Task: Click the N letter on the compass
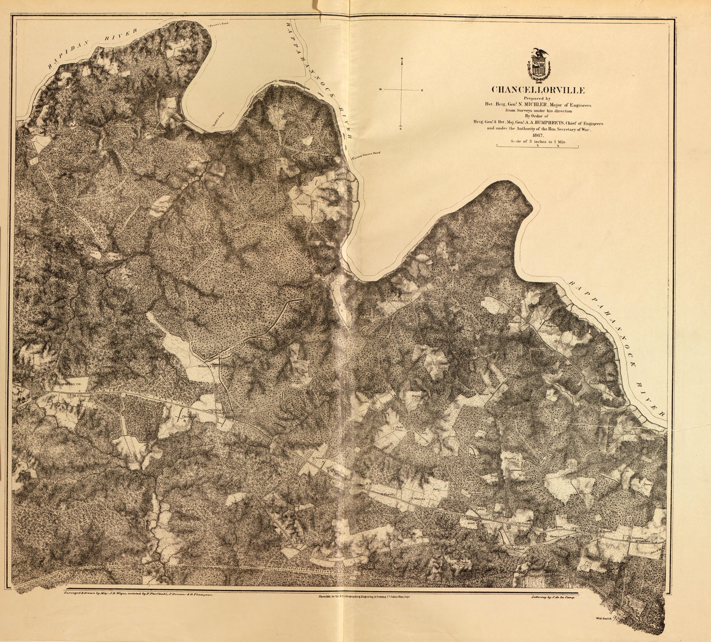tap(402, 59)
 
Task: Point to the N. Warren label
tap(417, 499)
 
